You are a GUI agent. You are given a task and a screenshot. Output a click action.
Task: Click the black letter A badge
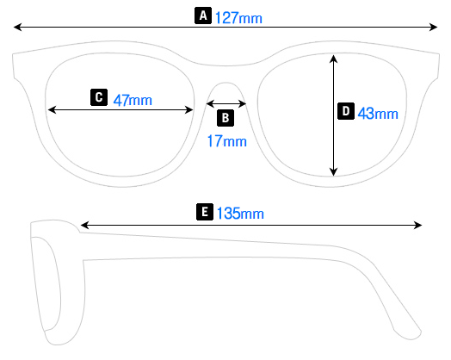[x=203, y=16]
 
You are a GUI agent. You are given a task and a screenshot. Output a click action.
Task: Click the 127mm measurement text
[x=239, y=16]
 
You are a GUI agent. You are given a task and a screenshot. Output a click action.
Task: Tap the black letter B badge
[x=225, y=117]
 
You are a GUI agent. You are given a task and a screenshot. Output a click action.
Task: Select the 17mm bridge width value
[x=226, y=140]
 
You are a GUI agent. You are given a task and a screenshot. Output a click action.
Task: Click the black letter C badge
[x=98, y=97]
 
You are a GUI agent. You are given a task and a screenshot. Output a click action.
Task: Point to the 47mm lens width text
[x=133, y=99]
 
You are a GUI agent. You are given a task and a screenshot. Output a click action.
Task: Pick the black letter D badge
[x=345, y=111]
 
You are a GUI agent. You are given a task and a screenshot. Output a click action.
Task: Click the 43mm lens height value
[x=378, y=113]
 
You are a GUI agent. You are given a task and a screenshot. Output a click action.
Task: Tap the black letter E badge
[x=204, y=211]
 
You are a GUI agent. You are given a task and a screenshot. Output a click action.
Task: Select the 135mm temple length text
[x=240, y=213]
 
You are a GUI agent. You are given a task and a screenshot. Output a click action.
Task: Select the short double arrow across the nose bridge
[x=226, y=103]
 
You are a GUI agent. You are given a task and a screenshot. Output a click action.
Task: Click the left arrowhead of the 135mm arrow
[x=83, y=226]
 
